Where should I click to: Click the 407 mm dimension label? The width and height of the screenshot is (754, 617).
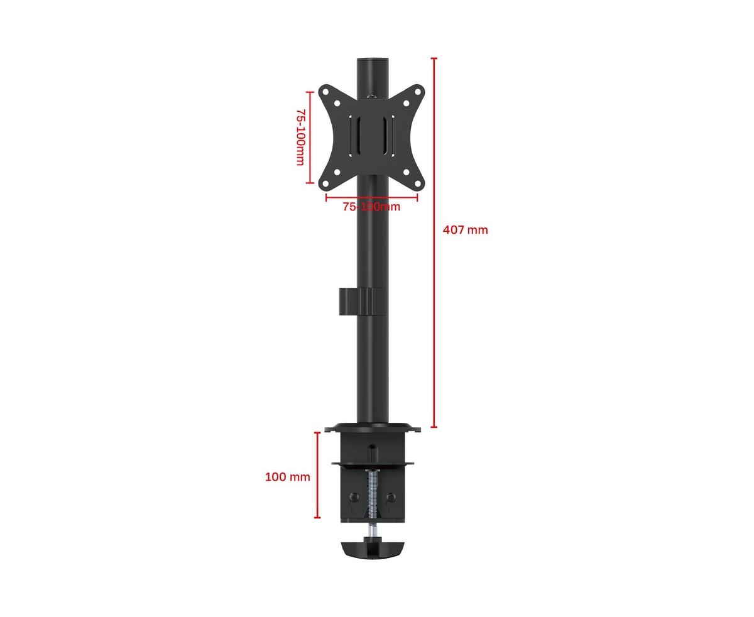pyautogui.click(x=465, y=229)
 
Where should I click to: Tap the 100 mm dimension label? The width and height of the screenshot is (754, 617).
pyautogui.click(x=287, y=476)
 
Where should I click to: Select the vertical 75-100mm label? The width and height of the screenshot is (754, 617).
pyautogui.click(x=301, y=137)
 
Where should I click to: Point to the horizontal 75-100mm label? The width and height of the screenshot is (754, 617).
pyautogui.click(x=371, y=207)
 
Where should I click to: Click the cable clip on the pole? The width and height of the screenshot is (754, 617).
pyautogui.click(x=362, y=302)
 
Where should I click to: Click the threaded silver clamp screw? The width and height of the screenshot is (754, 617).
pyautogui.click(x=373, y=501)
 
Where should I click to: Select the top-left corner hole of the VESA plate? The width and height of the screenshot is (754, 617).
pyautogui.click(x=325, y=92)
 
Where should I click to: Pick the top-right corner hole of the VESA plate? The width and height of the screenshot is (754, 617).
pyautogui.click(x=417, y=92)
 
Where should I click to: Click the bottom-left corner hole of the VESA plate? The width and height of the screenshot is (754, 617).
pyautogui.click(x=325, y=183)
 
